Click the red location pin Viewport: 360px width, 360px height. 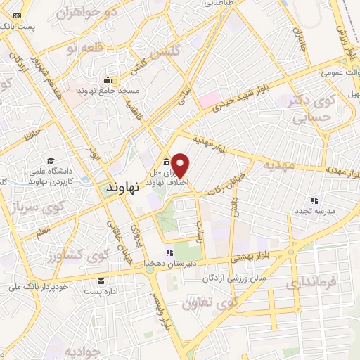(181, 165)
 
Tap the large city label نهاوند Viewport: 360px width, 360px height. (124, 188)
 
